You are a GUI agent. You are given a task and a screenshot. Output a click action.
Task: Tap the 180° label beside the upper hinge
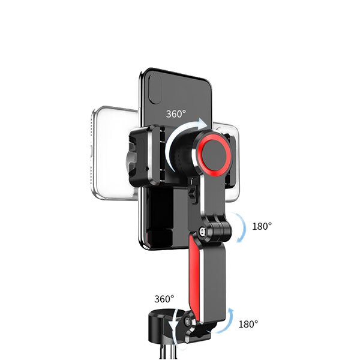262,226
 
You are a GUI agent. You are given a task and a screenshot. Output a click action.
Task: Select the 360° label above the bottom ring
164,298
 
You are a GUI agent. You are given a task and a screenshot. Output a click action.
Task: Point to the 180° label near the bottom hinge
248,324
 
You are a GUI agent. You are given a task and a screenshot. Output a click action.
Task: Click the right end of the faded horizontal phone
234,159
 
